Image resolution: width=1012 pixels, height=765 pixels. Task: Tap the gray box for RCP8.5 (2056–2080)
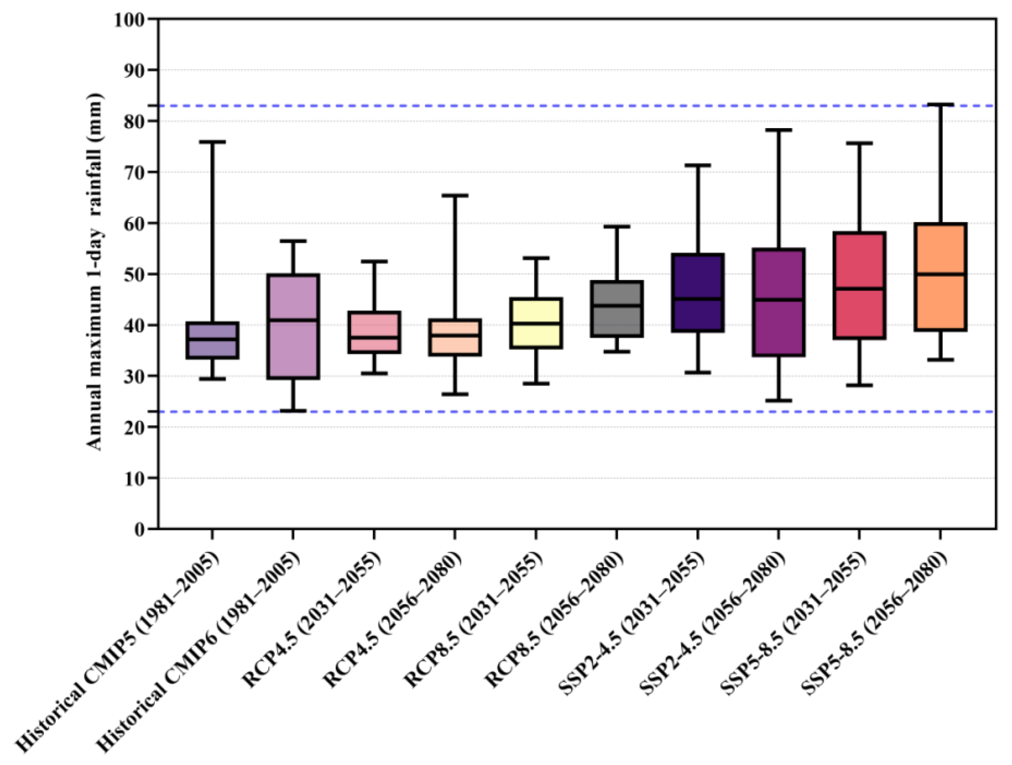point(617,321)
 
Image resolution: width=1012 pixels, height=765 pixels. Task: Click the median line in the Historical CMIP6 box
point(293,320)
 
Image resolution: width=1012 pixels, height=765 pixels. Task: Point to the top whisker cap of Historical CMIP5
point(212,142)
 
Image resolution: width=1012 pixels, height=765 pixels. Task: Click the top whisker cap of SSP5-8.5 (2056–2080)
point(940,104)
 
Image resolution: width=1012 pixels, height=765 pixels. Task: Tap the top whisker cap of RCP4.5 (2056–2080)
point(455,195)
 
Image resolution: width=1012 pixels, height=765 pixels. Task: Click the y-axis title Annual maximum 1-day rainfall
point(95,272)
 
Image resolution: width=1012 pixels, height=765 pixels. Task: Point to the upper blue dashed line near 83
point(549,106)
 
